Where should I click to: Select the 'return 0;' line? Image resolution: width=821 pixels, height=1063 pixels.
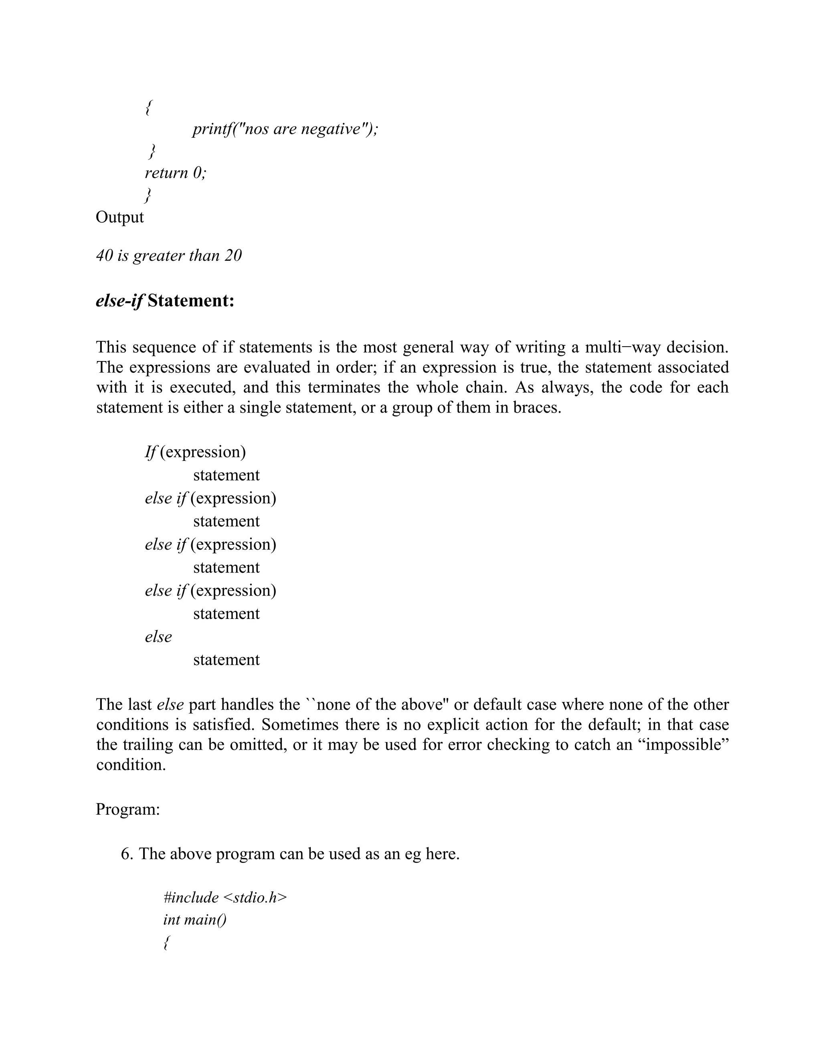pos(176,173)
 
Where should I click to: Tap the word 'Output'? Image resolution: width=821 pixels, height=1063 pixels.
pos(119,217)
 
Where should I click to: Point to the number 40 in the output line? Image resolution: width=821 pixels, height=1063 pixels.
pos(105,256)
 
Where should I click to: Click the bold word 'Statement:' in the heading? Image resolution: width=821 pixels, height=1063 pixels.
pos(191,301)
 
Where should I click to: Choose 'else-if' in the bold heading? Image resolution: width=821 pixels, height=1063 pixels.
pos(119,301)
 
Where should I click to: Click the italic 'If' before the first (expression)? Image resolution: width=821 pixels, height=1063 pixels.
pos(150,452)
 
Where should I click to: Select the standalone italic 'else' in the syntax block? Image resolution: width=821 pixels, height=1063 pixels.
pos(159,637)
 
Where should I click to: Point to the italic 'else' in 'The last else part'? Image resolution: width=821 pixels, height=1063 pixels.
pos(170,704)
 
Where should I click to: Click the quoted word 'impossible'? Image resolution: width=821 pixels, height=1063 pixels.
pos(687,745)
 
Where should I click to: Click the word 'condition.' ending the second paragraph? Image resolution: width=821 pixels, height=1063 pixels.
pos(131,765)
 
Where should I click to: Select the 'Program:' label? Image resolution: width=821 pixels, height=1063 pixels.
pos(128,809)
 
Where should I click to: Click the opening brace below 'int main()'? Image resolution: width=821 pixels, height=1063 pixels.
pos(166,943)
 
